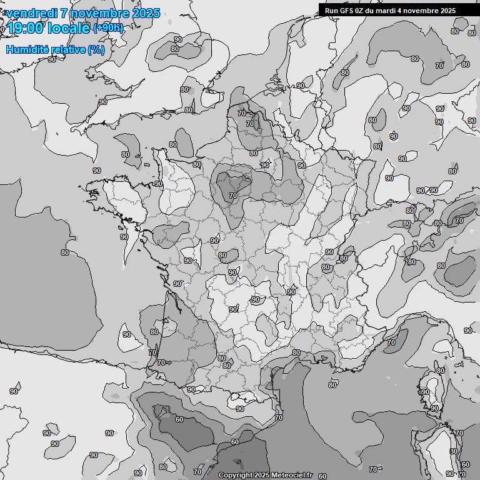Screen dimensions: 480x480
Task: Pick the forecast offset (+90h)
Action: (108, 28)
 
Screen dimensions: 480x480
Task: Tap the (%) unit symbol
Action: (96, 49)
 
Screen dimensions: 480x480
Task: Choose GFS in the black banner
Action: (347, 11)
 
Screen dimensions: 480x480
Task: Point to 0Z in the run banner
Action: (362, 11)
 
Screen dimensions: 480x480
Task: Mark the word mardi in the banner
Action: (391, 11)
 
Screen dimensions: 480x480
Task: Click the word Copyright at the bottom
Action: (236, 475)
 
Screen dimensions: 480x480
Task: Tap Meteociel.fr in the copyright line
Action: (292, 475)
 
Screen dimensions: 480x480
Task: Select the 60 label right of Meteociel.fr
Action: (322, 476)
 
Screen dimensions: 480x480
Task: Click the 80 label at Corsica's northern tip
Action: (441, 371)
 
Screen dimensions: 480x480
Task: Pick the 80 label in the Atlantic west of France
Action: (65, 252)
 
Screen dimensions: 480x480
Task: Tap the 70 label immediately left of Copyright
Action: (198, 472)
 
